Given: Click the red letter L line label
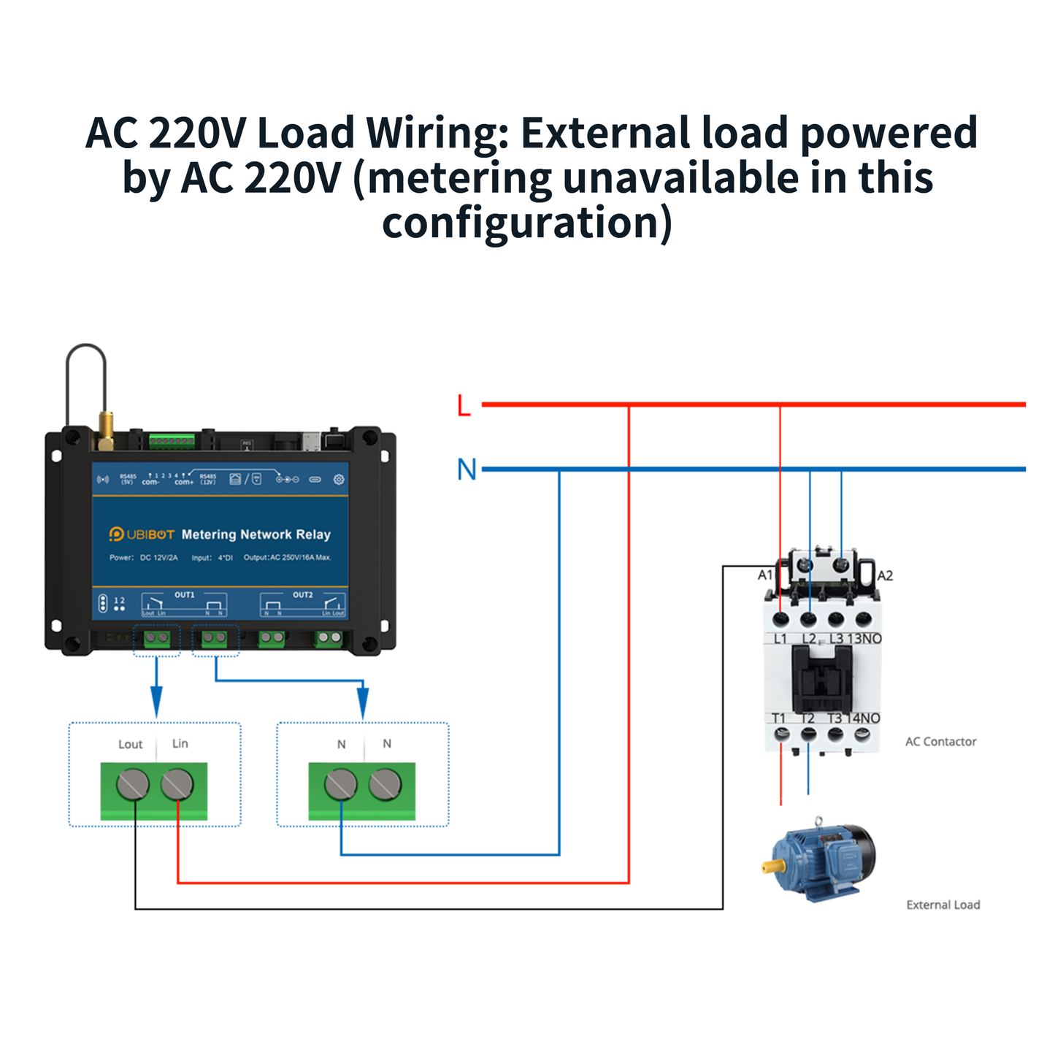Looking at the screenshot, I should pos(464,405).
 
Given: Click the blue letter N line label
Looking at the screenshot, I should pos(467,469).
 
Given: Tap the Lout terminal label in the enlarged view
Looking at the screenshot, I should pos(130,744).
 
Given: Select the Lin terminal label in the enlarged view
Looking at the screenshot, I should pos(180,743).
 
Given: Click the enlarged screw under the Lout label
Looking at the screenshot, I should pos(132,785).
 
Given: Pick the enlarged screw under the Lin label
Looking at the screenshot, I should pos(177,785).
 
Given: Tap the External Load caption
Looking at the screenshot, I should pos(943,905).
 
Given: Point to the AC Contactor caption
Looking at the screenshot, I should pos(940,742).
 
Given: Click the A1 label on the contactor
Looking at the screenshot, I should pos(764,575).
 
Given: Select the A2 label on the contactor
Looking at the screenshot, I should pos(885,575).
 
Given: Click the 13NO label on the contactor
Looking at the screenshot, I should pos(864,639).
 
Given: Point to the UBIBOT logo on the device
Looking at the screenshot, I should pos(142,534).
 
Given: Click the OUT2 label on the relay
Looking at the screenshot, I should pos(302,595).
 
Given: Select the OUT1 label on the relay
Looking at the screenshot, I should pos(185,595).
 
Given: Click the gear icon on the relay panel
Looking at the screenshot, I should pos(339,480).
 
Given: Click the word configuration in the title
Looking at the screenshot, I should pos(526,223).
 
